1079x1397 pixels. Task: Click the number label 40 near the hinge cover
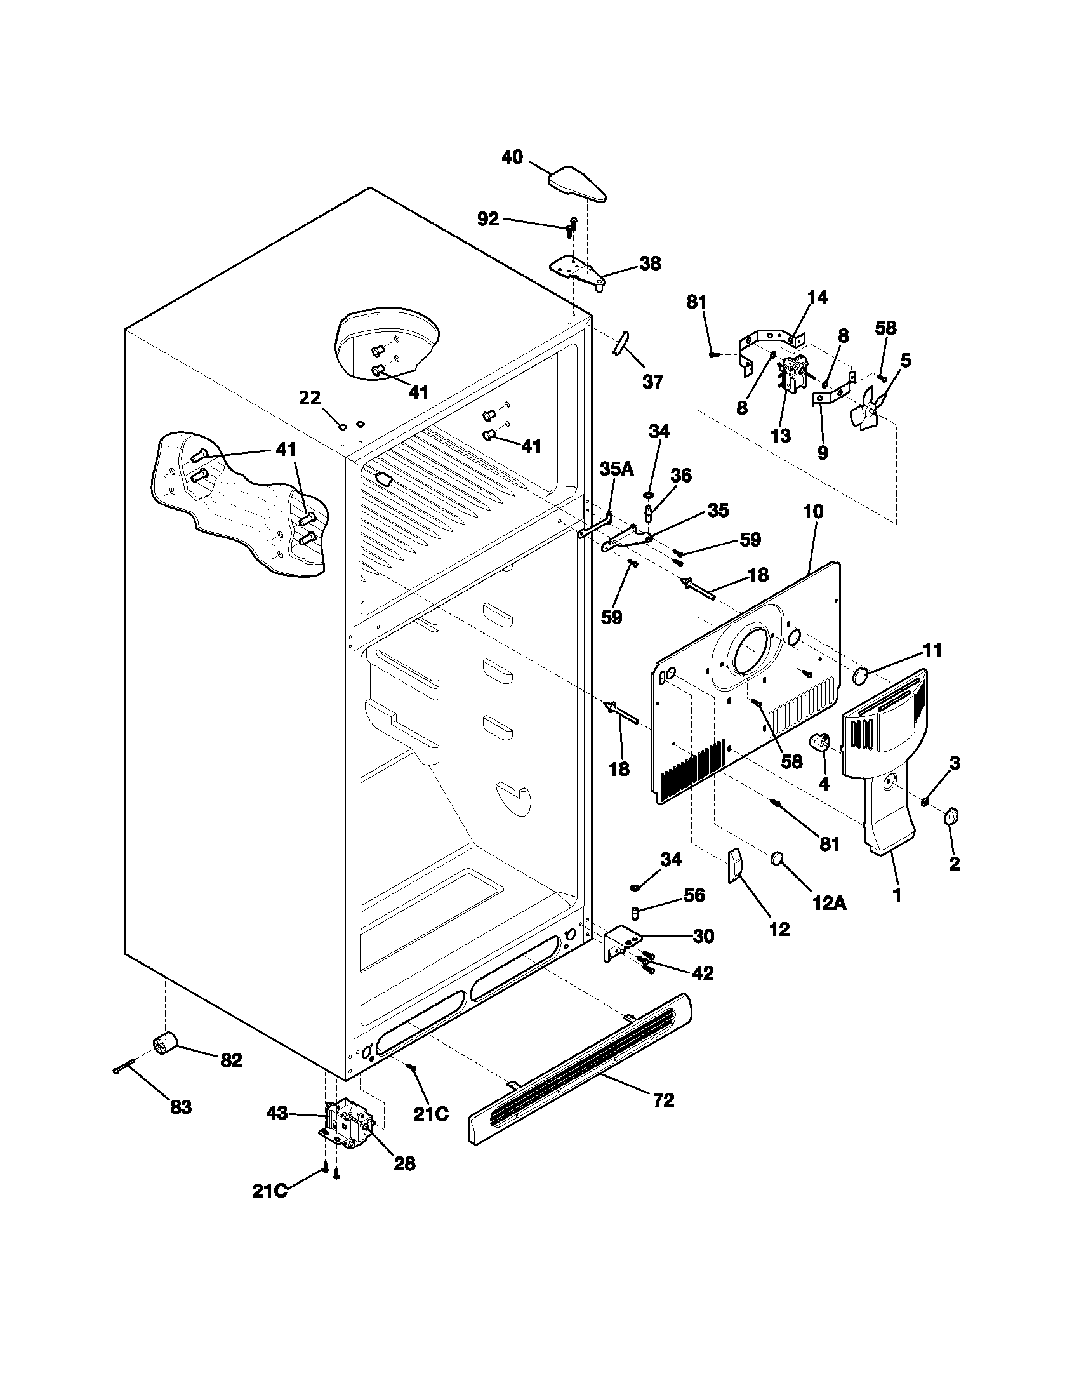point(512,157)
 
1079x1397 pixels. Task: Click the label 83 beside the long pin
point(180,1107)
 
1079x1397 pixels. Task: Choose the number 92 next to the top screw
point(488,219)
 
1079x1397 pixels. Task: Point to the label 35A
point(616,468)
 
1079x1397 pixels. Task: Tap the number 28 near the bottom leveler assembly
point(404,1163)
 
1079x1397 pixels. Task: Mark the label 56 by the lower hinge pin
point(694,895)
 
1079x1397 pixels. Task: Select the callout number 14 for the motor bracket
point(817,297)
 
